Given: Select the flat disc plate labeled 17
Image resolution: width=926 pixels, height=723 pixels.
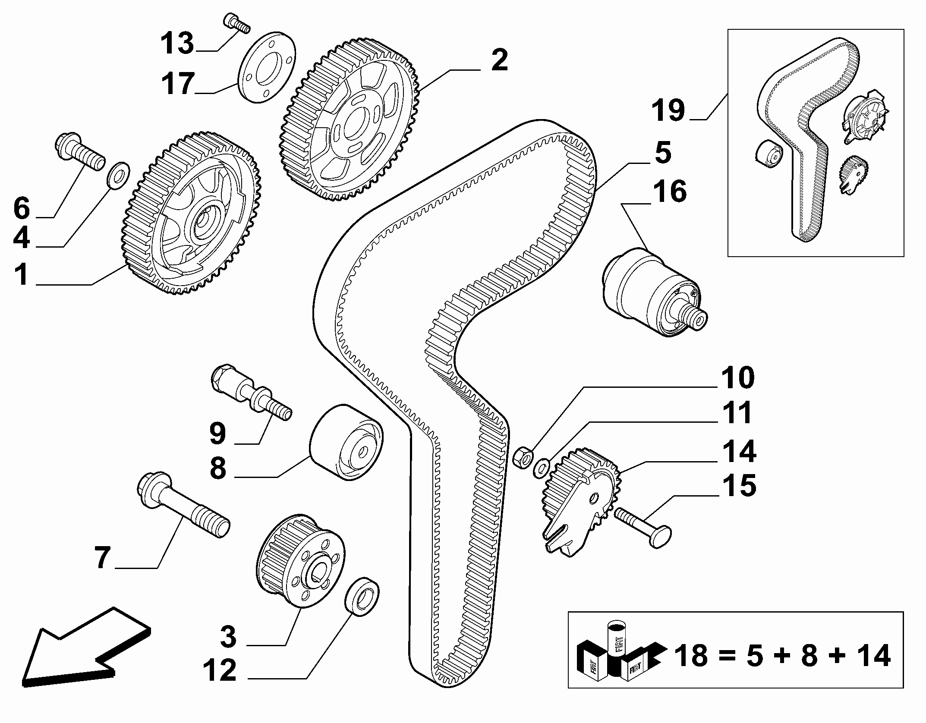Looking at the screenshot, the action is pos(267,67).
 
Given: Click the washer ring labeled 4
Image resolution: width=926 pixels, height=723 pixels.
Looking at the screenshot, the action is pos(118,176).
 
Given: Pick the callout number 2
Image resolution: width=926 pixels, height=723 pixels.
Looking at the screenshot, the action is pos(500,60).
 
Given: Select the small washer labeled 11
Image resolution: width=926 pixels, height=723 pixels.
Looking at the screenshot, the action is pos(542,468).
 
